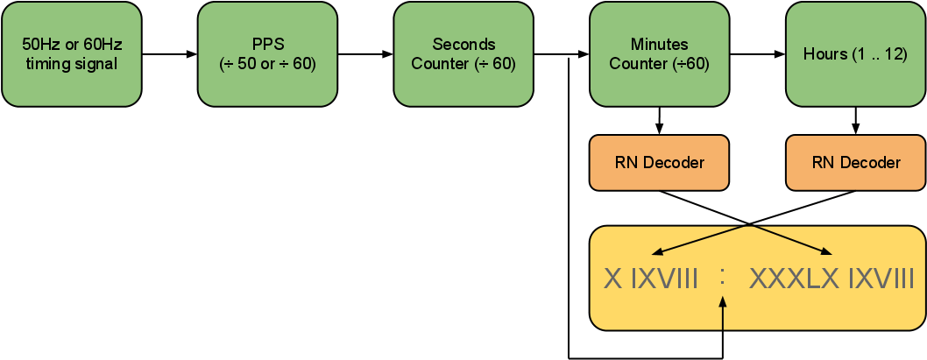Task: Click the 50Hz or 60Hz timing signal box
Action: click(x=72, y=54)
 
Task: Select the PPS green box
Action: click(x=267, y=54)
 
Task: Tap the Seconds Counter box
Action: click(x=463, y=54)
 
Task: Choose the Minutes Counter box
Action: click(x=659, y=54)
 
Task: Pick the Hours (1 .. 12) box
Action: click(x=855, y=54)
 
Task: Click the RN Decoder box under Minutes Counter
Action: click(x=659, y=163)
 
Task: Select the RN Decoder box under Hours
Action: click(x=855, y=163)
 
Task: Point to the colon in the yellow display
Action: click(x=723, y=277)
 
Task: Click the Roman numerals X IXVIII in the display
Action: click(x=651, y=279)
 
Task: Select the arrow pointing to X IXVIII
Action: click(x=701, y=240)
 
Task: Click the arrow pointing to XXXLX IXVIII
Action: click(x=789, y=240)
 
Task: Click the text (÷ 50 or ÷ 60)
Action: click(x=267, y=64)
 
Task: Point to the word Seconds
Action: click(x=463, y=45)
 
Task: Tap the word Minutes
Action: click(x=659, y=45)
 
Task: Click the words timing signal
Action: click(x=72, y=64)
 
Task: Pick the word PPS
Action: click(x=267, y=45)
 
